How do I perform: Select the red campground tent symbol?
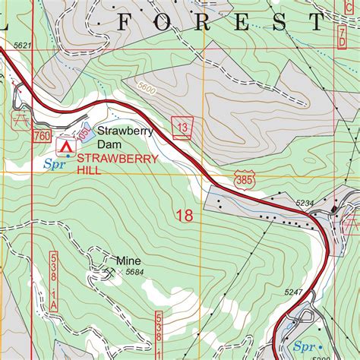click(x=66, y=143)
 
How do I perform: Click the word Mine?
click(x=128, y=259)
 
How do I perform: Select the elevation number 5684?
click(x=134, y=272)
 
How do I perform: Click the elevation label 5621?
click(x=23, y=46)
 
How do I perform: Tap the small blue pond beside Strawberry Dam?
click(x=86, y=135)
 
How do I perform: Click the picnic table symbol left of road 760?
click(x=19, y=118)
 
